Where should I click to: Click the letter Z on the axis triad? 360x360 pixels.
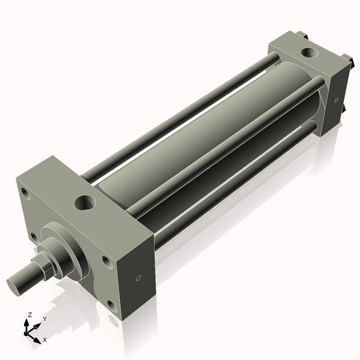pyautogui.click(x=30, y=314)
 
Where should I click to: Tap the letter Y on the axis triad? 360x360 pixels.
pyautogui.click(x=44, y=319)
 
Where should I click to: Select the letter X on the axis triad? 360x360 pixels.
pyautogui.click(x=44, y=340)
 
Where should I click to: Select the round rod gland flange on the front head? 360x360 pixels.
pyautogui.click(x=71, y=252)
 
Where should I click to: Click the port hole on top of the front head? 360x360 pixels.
pyautogui.click(x=85, y=203)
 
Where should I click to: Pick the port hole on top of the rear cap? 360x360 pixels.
pyautogui.click(x=310, y=52)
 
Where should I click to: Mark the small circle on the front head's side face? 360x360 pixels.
pyautogui.click(x=139, y=278)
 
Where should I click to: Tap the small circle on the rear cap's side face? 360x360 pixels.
pyautogui.click(x=337, y=100)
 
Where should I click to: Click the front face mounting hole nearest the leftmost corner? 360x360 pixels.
pyautogui.click(x=25, y=193)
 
